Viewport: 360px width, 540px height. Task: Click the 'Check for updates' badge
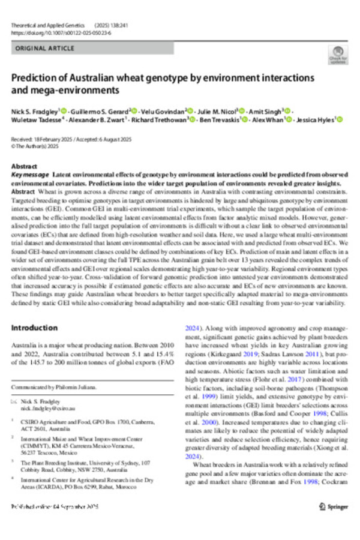(338, 54)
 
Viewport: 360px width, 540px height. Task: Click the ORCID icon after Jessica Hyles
(340, 120)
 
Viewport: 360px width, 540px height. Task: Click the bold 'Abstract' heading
(25, 166)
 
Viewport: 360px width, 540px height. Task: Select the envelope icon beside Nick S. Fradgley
(14, 400)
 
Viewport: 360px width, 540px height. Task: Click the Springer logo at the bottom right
(333, 506)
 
